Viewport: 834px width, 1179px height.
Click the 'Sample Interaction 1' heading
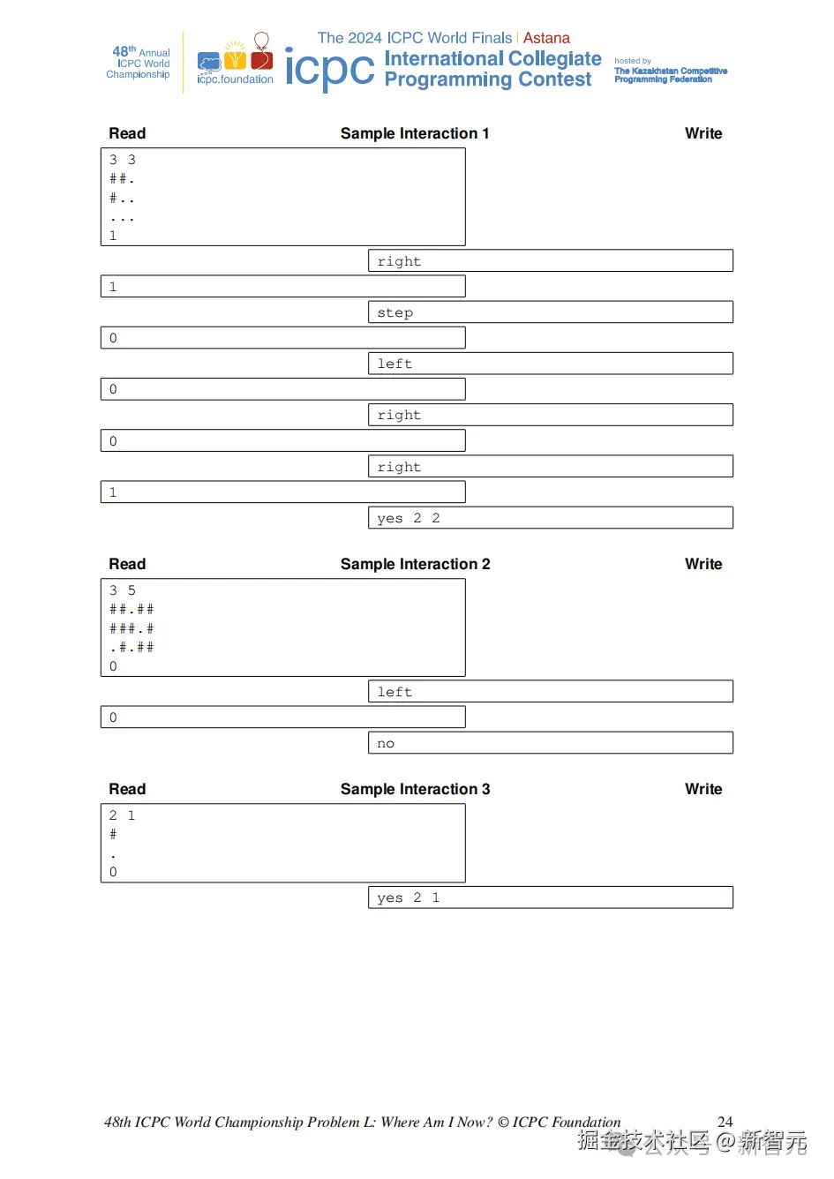coord(414,133)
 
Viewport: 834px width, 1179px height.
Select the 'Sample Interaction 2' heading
coord(415,564)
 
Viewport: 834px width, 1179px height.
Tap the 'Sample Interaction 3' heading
coord(415,789)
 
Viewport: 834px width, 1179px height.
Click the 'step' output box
coord(550,312)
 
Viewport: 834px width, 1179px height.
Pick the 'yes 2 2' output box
coord(550,518)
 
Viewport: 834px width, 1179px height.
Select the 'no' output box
coord(550,743)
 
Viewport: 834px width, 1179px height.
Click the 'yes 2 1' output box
coord(550,897)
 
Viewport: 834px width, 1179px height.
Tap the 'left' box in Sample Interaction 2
coord(550,692)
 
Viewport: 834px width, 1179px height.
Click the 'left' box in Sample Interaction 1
coord(550,364)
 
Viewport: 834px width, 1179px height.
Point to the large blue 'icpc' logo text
coord(329,69)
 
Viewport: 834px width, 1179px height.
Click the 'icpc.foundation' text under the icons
coord(235,79)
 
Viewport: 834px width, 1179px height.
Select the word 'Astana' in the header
coord(546,38)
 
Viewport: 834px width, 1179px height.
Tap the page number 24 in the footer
coord(725,1122)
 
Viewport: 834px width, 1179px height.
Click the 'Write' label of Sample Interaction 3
coord(703,789)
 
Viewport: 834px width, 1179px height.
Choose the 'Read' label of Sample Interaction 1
coord(127,133)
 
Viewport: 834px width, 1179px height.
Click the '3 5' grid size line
coord(123,590)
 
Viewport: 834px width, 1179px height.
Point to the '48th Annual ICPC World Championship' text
coord(139,63)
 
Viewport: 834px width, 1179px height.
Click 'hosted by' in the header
coord(633,61)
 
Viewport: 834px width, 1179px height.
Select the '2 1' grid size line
coord(122,815)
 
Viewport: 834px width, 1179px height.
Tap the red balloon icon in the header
coord(261,42)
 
